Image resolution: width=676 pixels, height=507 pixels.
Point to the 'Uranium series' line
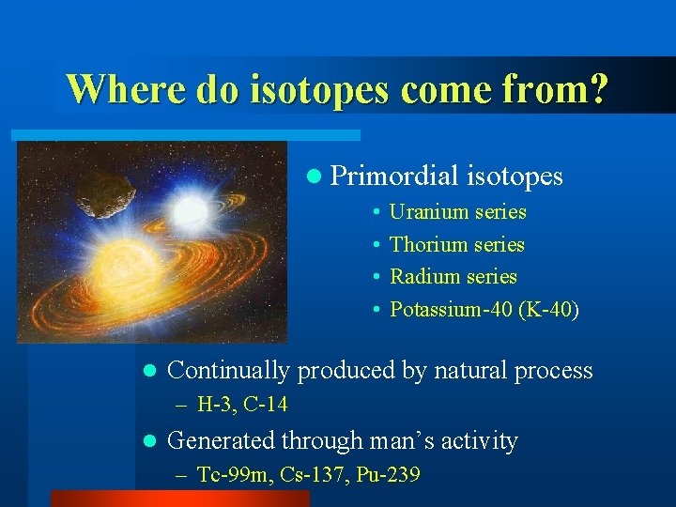[x=457, y=212]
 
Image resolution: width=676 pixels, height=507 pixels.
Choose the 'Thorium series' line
[x=456, y=245]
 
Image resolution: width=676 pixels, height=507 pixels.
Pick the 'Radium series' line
[x=453, y=277]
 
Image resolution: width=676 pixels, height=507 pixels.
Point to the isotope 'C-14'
[x=265, y=406]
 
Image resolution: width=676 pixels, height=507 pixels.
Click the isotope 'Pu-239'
[x=387, y=475]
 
